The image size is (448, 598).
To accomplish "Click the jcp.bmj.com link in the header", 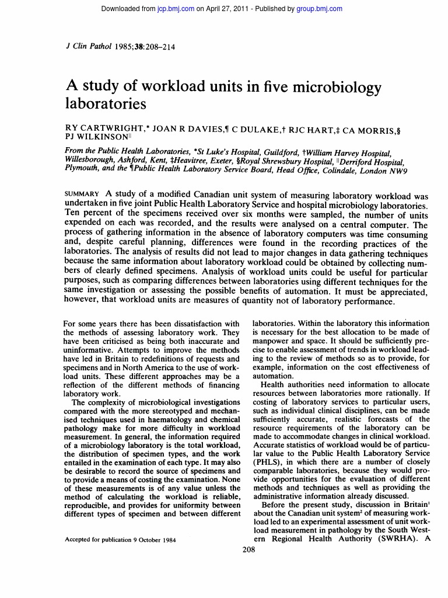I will (x=176, y=9).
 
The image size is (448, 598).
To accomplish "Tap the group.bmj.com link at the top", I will (x=319, y=9).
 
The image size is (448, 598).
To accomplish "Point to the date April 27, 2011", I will (x=228, y=9).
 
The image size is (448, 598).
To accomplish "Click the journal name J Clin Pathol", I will (x=87, y=47).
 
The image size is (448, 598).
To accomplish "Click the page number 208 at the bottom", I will (x=249, y=551).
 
